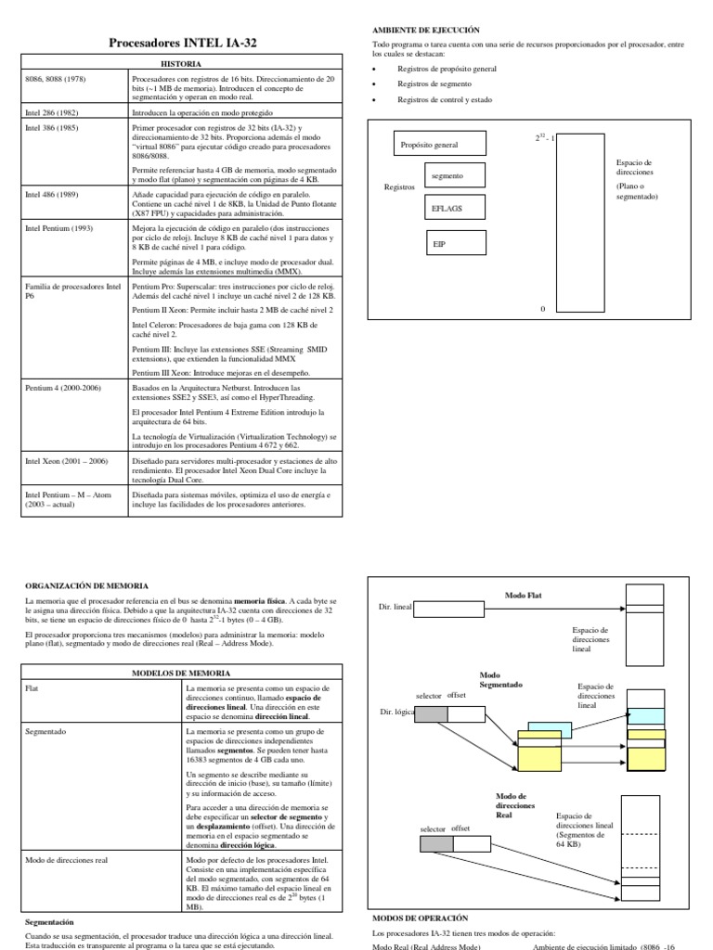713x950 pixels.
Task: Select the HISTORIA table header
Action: [180, 64]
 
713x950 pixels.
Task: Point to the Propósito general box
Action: [428, 145]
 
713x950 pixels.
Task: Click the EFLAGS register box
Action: [447, 209]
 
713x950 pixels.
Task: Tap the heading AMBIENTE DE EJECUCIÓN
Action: [426, 31]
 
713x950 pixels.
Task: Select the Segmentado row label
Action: [45, 732]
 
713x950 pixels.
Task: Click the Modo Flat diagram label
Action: [523, 595]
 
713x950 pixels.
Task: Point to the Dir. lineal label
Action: [395, 608]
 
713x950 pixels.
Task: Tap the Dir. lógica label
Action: [396, 712]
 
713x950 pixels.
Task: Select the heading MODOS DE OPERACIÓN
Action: [421, 917]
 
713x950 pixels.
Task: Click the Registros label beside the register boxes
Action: [399, 187]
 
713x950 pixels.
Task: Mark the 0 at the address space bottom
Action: [543, 309]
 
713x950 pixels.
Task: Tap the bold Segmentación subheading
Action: [49, 923]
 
